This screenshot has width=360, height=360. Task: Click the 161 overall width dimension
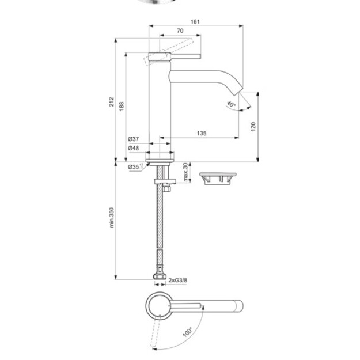point(195,21)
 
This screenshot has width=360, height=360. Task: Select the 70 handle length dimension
point(180,31)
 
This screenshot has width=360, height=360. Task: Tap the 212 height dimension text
point(111,102)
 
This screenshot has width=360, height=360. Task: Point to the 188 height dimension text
point(122,106)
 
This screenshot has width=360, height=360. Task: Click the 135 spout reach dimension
point(202,133)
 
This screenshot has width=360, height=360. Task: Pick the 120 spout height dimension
point(253,127)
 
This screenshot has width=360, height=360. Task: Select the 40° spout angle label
point(231,104)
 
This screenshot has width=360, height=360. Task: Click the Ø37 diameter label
point(134,139)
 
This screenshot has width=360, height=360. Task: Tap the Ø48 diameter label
point(134,148)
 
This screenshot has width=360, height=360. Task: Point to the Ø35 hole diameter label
point(135,166)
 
